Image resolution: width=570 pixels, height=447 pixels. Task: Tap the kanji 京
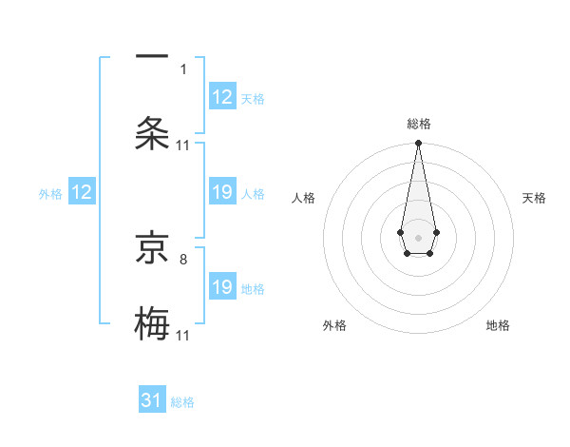tap(152, 249)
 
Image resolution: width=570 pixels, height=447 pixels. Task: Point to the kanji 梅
tap(152, 321)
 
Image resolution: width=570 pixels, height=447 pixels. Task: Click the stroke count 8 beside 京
tap(183, 256)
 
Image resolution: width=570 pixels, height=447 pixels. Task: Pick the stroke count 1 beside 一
tap(183, 68)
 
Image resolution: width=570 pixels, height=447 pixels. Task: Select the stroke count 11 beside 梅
tap(183, 335)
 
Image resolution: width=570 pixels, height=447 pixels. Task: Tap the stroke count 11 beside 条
tap(183, 145)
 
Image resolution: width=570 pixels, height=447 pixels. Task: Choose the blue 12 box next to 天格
tap(222, 97)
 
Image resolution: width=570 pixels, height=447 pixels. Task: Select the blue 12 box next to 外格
tap(82, 193)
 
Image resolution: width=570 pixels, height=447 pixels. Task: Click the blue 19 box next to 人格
tap(222, 193)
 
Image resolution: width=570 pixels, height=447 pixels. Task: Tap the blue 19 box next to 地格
tap(222, 287)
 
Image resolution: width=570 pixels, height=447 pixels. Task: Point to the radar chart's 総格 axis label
tap(418, 124)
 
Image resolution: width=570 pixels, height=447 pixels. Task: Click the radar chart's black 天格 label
tap(535, 198)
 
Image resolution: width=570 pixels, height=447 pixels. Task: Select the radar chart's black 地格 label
tap(498, 325)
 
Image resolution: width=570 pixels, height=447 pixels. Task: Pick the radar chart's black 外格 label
tap(334, 325)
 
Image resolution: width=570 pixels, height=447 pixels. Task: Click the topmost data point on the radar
tap(418, 144)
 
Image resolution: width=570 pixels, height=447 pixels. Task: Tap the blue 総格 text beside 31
tap(182, 402)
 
